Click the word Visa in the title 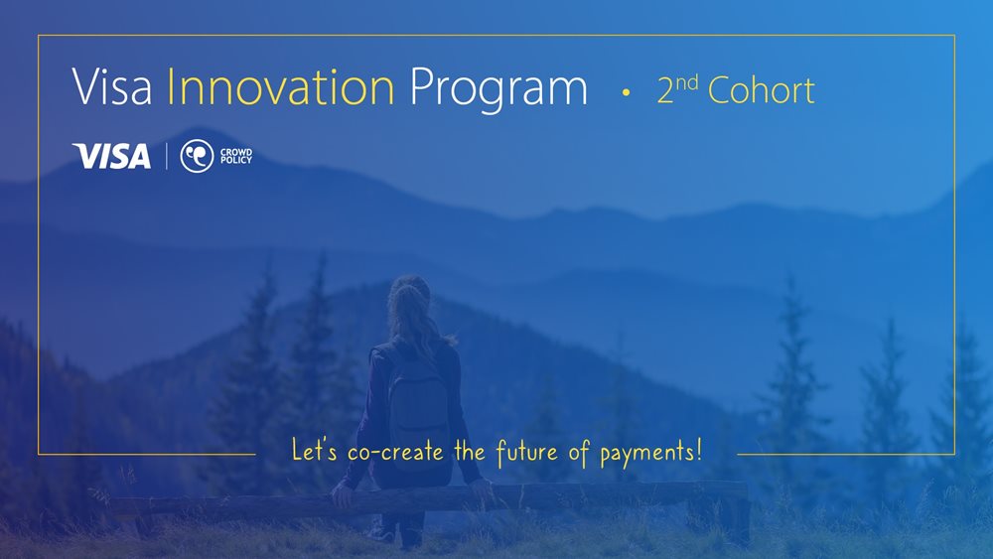(112, 86)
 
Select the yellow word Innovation (281, 86)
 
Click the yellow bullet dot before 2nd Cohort (626, 92)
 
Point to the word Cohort (762, 90)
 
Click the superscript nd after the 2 (686, 83)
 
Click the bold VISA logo (111, 156)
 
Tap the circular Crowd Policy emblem (197, 156)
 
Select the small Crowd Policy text (236, 156)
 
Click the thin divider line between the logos (167, 156)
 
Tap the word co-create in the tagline (395, 452)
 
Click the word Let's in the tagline (314, 450)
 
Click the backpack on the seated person (420, 411)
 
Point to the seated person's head (410, 299)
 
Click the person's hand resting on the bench (343, 494)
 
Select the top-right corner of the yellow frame (954, 36)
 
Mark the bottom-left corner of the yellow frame (39, 454)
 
